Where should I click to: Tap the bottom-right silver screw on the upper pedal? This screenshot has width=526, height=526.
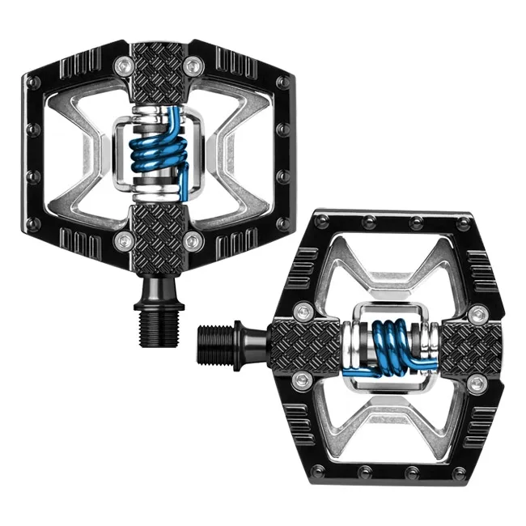click(x=192, y=240)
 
